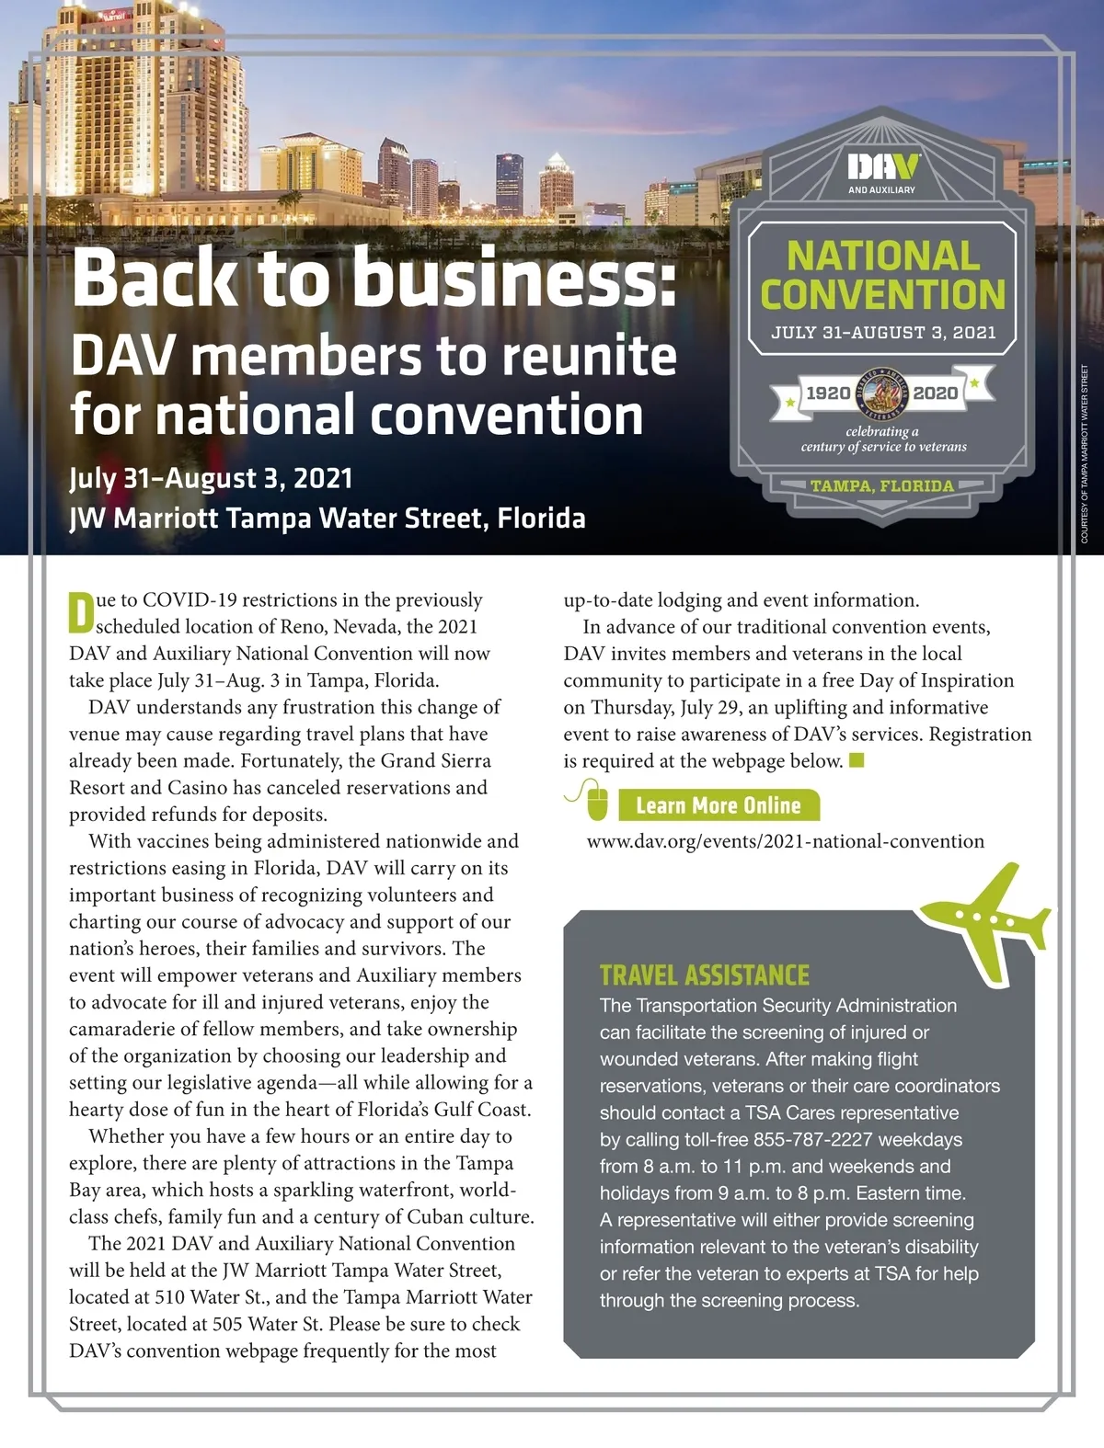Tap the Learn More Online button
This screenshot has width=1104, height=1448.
click(x=719, y=805)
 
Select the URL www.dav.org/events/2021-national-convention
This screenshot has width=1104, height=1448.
click(x=785, y=841)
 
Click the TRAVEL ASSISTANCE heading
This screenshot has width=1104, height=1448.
click(x=705, y=975)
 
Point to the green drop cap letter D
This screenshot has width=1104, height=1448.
click(x=81, y=613)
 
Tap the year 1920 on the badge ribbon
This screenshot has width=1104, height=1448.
click(x=828, y=393)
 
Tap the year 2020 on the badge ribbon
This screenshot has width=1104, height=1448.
click(x=935, y=393)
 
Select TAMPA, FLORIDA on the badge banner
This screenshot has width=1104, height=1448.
click(x=881, y=486)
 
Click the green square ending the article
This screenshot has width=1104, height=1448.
click(x=857, y=760)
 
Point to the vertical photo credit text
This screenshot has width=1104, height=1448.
click(x=1085, y=455)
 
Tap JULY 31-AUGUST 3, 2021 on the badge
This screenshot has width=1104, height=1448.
click(x=883, y=333)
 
